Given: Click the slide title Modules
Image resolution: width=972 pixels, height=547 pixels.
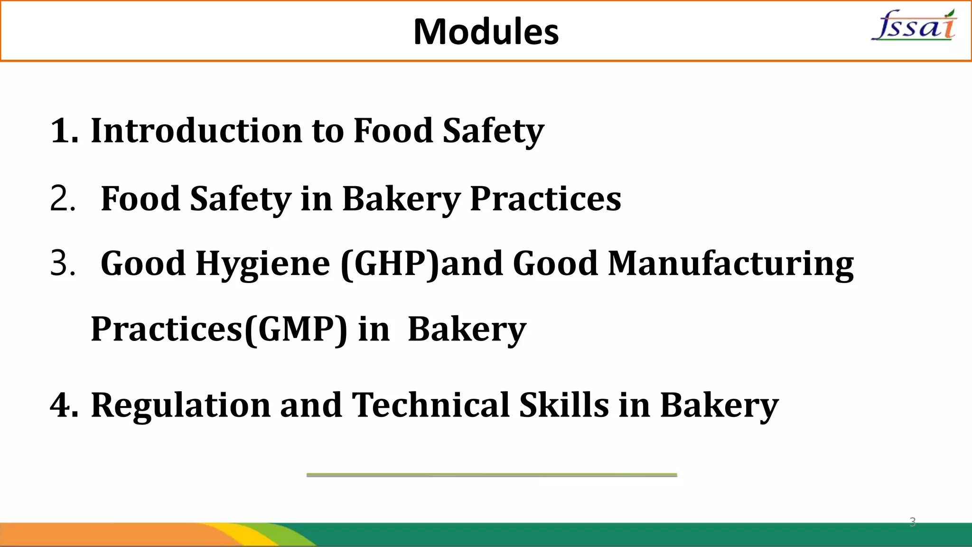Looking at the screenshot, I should (486, 32).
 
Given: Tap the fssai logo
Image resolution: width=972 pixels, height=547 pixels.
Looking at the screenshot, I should (914, 26).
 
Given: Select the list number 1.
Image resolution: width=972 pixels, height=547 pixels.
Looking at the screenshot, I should (63, 131).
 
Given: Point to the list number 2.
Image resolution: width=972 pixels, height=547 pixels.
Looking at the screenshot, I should (62, 198).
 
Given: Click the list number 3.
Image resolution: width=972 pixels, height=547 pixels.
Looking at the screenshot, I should (62, 264).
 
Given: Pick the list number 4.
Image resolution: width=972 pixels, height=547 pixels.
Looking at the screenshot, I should (63, 406).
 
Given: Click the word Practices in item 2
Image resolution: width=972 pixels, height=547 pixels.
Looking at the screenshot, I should (545, 199).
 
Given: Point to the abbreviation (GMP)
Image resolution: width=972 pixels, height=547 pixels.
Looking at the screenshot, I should (296, 330).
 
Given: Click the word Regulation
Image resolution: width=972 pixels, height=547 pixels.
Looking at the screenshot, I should (180, 406).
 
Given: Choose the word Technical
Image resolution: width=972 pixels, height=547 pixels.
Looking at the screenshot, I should (430, 406).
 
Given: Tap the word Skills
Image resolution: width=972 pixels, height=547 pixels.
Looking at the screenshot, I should (564, 406).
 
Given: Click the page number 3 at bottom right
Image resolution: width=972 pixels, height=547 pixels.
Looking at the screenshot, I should (912, 522).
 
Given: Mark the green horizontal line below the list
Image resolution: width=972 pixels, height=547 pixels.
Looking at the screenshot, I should (492, 475).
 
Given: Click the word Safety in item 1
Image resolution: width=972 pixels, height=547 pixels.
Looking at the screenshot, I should (493, 131).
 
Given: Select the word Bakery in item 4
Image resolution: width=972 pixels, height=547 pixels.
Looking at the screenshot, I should (719, 406).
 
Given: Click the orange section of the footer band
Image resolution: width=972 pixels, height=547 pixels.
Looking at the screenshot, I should (95, 535).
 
